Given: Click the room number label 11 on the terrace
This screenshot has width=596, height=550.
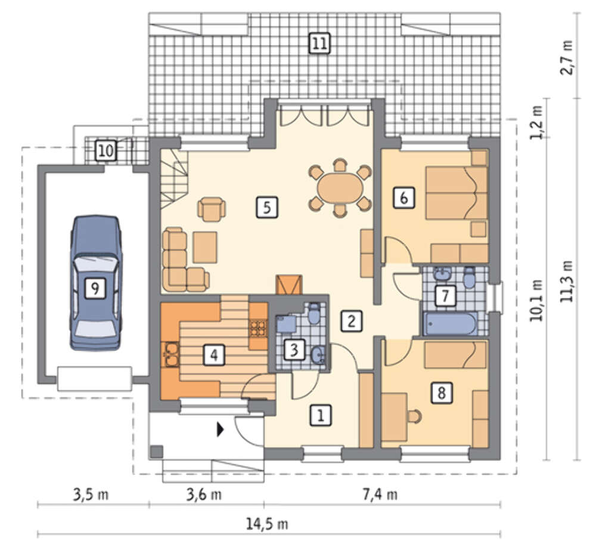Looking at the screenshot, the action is pos(319,43).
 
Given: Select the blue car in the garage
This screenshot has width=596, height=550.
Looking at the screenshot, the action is pos(95,283).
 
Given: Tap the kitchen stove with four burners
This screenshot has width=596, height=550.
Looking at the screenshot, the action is pos(259,328).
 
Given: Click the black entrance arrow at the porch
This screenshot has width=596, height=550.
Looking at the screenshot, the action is pos(220,430).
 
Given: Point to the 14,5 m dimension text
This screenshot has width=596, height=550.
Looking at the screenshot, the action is pos(267,524).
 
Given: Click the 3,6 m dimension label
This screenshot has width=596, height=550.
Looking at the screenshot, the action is pos(204,495).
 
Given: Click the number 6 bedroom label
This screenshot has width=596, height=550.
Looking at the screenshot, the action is pos(403,197).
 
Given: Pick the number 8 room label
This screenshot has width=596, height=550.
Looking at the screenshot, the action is pos(441,393).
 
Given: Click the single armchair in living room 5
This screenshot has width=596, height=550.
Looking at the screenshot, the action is pos(212,209).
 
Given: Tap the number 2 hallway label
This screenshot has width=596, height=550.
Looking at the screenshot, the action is pos(351,321).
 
